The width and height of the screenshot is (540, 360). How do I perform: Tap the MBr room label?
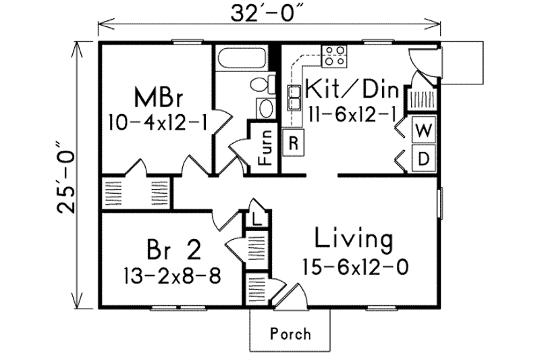(158, 97)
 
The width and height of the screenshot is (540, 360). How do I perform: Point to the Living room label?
(354, 239)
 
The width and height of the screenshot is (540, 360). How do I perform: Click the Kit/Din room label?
(352, 89)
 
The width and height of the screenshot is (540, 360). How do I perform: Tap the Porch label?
(290, 334)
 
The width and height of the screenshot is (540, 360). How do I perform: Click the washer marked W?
(424, 130)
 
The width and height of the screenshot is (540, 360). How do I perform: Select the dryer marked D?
(424, 159)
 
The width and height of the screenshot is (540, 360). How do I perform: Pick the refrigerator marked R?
(294, 142)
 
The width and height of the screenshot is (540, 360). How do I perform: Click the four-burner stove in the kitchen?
(334, 56)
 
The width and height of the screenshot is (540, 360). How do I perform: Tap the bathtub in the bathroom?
(242, 58)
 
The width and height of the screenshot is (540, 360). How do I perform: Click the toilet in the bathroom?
(263, 84)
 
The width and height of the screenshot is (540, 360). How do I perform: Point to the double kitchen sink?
(294, 98)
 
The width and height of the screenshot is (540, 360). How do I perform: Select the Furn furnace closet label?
(266, 147)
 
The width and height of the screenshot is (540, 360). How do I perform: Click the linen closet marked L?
(257, 219)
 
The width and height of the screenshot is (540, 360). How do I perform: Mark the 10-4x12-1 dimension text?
(158, 122)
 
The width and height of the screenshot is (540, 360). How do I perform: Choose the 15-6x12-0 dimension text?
(356, 267)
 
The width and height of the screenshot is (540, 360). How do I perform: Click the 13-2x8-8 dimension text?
(172, 276)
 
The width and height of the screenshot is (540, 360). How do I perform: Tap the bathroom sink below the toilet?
(265, 109)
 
